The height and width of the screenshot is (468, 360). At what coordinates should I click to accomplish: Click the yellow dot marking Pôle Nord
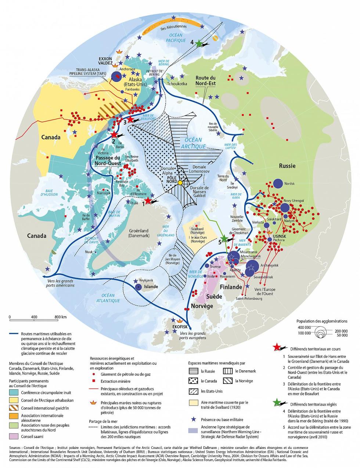(x=180, y=183)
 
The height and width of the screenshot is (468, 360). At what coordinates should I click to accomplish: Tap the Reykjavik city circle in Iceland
(x=138, y=287)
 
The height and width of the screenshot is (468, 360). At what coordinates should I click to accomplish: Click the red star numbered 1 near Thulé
(x=148, y=200)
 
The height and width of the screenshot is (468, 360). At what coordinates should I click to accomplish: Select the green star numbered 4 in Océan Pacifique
(x=199, y=43)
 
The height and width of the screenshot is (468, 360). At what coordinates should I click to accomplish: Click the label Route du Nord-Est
(x=205, y=81)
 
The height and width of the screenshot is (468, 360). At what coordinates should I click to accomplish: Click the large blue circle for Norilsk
(x=278, y=183)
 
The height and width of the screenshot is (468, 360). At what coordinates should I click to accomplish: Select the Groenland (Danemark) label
(x=139, y=234)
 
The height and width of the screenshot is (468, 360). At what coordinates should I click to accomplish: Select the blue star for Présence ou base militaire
(x=193, y=419)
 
